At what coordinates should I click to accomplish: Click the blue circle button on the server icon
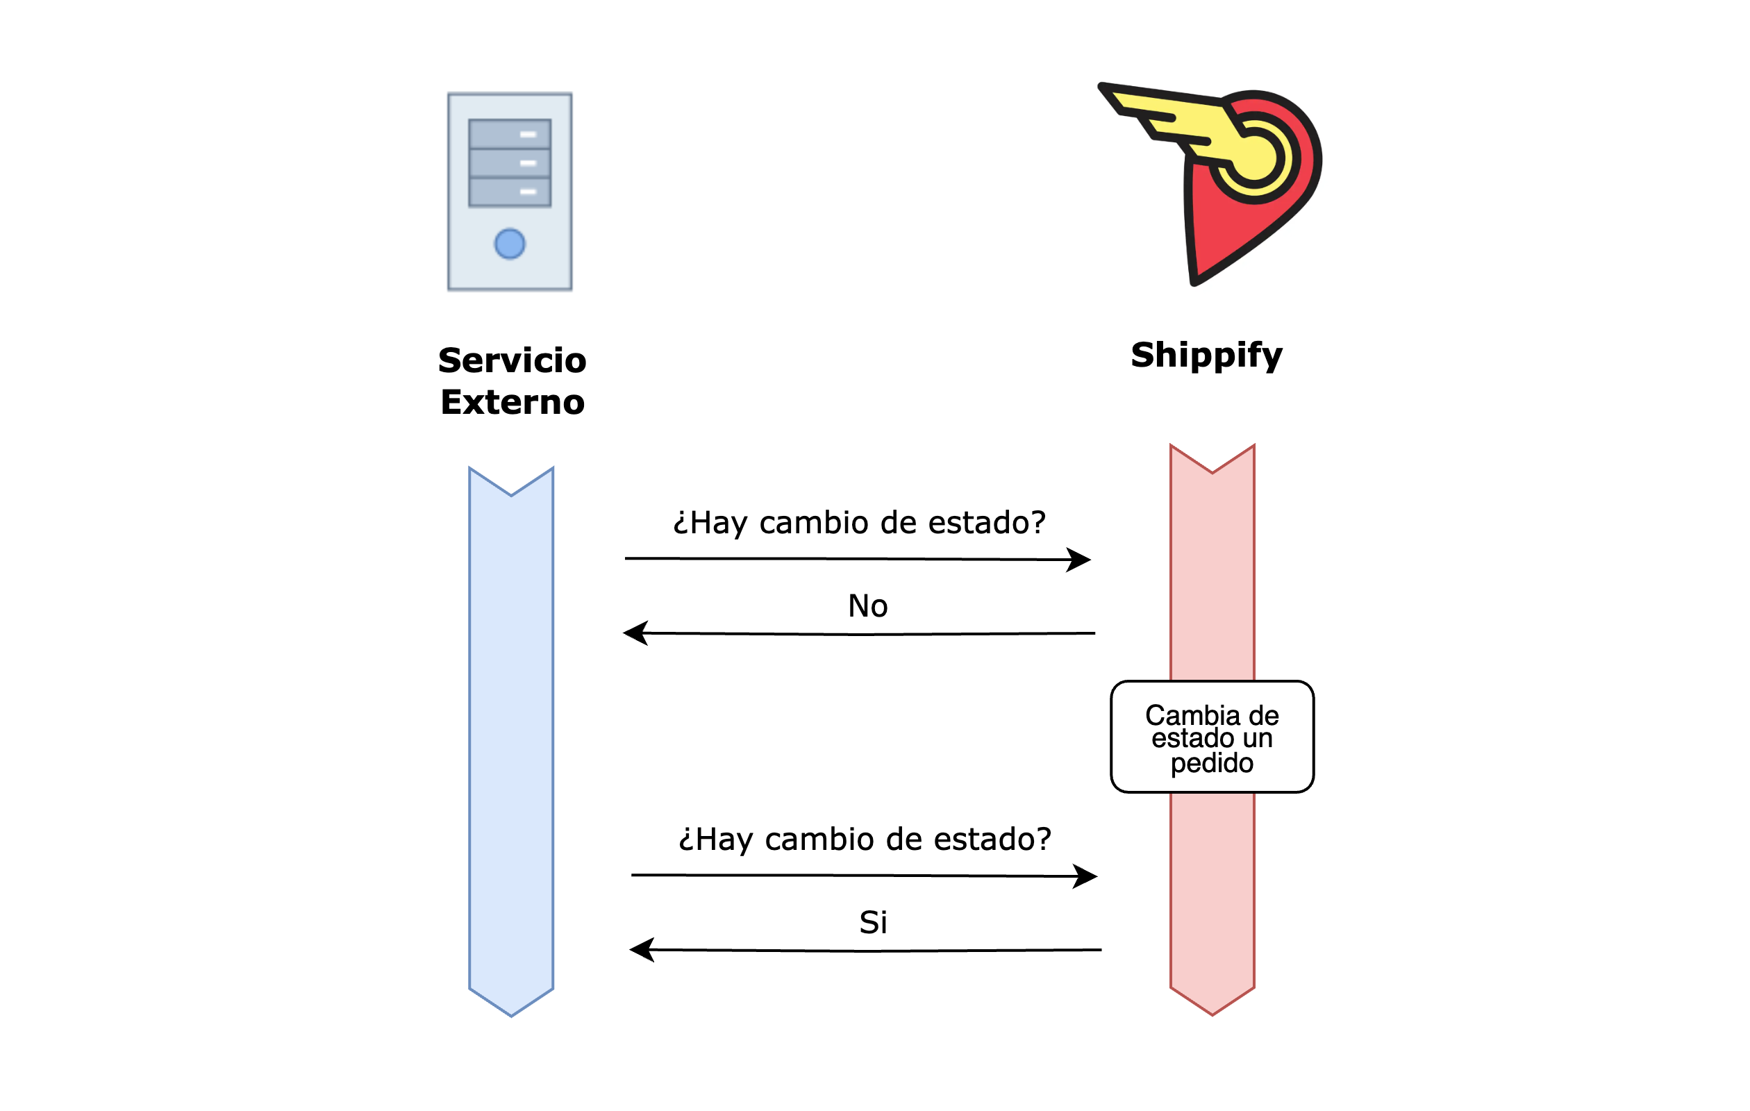[x=510, y=244]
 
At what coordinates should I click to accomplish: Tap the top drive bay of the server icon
[x=510, y=135]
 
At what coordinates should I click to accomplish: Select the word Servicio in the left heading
[x=512, y=360]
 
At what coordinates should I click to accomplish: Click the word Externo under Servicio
[x=512, y=403]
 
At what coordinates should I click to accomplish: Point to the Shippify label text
[x=1206, y=356]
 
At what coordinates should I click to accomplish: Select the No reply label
[x=868, y=606]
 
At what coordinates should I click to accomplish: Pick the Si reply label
[x=873, y=923]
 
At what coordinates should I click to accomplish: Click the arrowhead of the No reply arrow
[x=634, y=633]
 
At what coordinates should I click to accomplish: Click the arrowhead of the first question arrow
[x=1081, y=560]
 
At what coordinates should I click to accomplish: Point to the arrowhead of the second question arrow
[x=1087, y=876]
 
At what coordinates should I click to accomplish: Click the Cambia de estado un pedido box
[x=1212, y=737]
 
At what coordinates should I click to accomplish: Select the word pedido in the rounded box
[x=1212, y=764]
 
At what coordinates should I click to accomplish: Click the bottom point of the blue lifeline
[x=511, y=1014]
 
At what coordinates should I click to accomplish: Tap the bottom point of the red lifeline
[x=1212, y=1012]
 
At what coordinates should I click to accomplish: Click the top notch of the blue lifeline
[x=511, y=494]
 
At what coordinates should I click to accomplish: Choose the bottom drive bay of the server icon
[x=510, y=192]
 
